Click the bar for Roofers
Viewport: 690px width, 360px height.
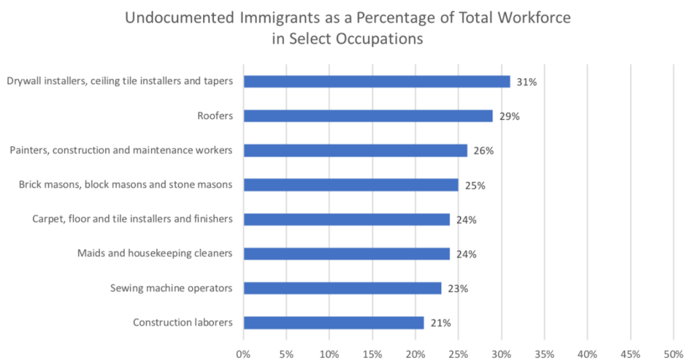pyautogui.click(x=368, y=116)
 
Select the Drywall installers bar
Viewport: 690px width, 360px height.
pyautogui.click(x=376, y=82)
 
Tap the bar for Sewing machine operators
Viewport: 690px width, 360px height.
pyautogui.click(x=342, y=288)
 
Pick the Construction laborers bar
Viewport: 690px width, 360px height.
pyautogui.click(x=333, y=322)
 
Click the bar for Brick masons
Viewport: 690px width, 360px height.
pyautogui.click(x=351, y=185)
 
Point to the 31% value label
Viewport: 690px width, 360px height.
pyautogui.click(x=526, y=82)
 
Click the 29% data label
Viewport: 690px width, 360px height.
pyautogui.click(x=509, y=116)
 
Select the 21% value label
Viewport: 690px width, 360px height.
pyautogui.click(x=440, y=323)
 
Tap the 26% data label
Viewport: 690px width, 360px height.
pyautogui.click(x=484, y=151)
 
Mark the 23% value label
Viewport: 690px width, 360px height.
pyautogui.click(x=458, y=289)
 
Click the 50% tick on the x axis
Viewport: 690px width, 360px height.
pyautogui.click(x=673, y=353)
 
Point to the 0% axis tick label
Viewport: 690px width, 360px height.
pyautogui.click(x=243, y=353)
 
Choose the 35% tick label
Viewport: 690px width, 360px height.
pyautogui.click(x=544, y=353)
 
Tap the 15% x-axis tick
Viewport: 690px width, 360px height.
pyautogui.click(x=372, y=353)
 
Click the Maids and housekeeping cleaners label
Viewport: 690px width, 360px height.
pyautogui.click(x=155, y=253)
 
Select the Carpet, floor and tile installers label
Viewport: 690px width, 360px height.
pyautogui.click(x=132, y=219)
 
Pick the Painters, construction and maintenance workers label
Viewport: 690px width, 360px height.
pyautogui.click(x=121, y=150)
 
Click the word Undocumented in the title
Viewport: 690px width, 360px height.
pyautogui.click(x=179, y=18)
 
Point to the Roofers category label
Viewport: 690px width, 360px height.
pyautogui.click(x=216, y=116)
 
